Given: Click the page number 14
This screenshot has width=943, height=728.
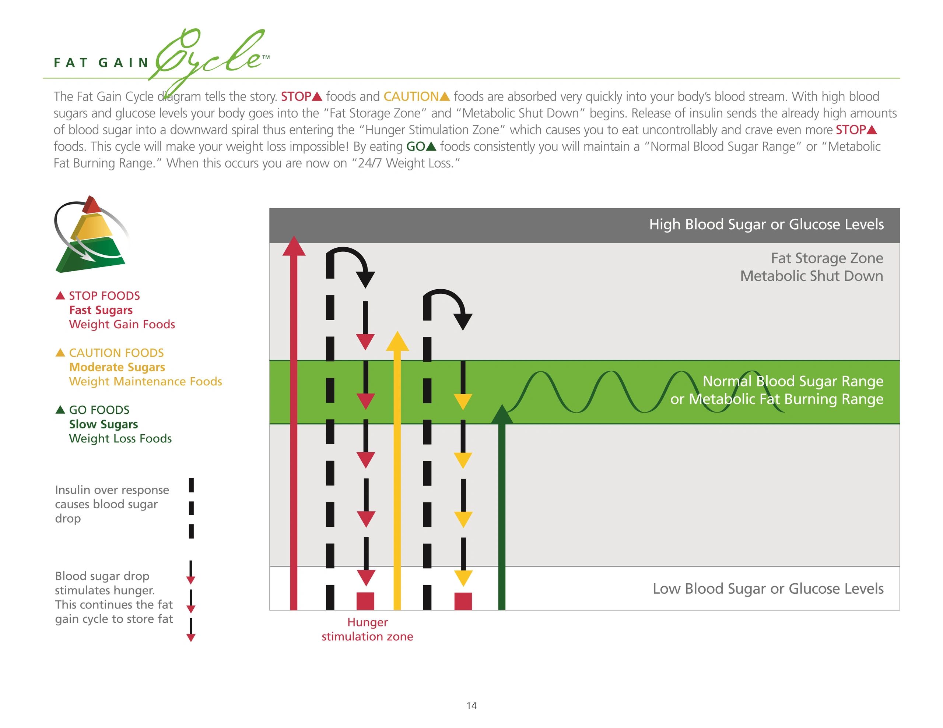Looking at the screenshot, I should (471, 706).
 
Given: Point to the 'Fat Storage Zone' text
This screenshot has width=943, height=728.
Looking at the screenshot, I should (827, 258).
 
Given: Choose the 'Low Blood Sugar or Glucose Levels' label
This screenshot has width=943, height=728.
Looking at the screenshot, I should (768, 589).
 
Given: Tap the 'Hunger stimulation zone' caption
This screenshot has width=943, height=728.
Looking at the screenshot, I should (368, 629).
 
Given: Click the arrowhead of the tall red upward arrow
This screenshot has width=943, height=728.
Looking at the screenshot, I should (294, 246).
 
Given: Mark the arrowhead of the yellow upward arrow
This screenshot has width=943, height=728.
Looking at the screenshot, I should (397, 341).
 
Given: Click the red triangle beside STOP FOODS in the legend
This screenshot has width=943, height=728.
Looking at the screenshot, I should (60, 296).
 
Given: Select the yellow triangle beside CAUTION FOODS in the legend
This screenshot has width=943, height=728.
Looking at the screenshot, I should (60, 353).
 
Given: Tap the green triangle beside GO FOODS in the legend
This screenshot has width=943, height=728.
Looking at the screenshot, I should (60, 410).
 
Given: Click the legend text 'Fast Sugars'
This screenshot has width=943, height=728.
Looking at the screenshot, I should (101, 310).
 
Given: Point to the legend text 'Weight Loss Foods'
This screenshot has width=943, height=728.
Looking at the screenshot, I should (120, 438).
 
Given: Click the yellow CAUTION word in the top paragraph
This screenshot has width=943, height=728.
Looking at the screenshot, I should (411, 96).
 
